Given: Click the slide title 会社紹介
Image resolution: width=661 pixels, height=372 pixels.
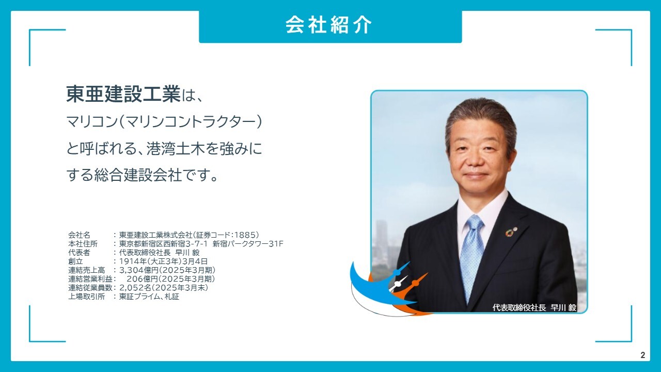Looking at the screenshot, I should tap(329, 25).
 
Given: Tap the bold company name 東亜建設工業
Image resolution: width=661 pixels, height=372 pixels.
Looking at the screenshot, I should tap(123, 94).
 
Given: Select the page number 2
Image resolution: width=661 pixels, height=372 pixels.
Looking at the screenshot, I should tap(643, 355).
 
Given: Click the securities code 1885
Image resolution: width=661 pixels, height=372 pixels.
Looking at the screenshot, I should tap(243, 235).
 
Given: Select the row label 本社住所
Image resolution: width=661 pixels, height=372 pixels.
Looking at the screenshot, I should tap(83, 243).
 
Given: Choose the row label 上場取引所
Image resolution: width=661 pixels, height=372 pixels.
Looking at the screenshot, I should tap(86, 296).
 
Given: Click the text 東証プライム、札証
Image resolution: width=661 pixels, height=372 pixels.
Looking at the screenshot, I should tap(149, 296).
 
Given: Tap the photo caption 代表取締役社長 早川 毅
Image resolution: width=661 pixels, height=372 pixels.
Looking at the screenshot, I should tap(534, 307).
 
